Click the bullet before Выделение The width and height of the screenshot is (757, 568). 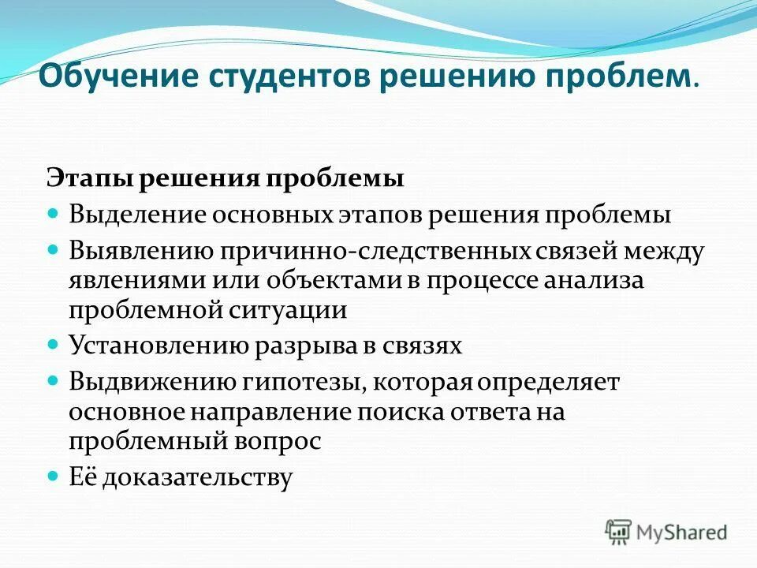(x=54, y=213)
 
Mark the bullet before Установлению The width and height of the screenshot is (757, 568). (x=54, y=345)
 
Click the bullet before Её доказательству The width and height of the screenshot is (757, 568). (x=54, y=476)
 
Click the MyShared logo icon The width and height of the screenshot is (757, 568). (x=618, y=532)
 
